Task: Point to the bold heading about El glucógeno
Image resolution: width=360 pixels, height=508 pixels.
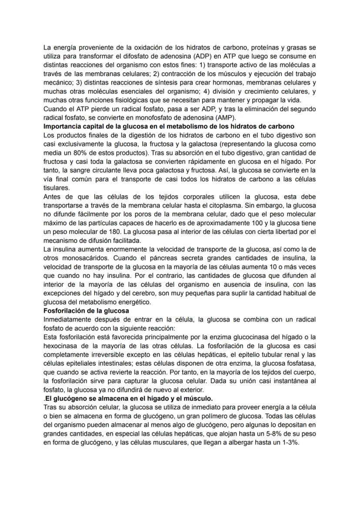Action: pyautogui.click(x=129, y=398)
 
